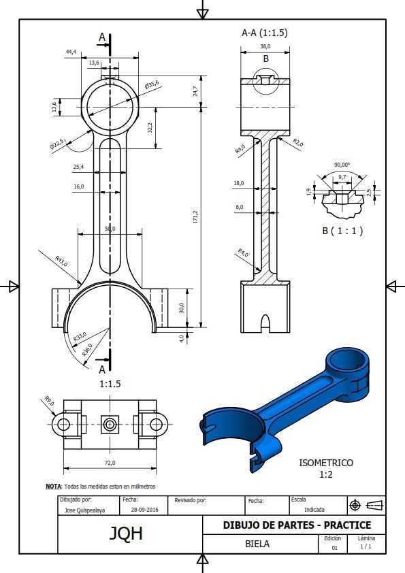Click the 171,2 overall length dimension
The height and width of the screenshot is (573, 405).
point(195,216)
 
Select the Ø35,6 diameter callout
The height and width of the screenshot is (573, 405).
point(152,85)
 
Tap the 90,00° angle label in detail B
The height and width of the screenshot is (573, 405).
point(342,165)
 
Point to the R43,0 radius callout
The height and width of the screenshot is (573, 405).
point(61,261)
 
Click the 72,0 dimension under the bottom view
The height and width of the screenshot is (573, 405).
point(110,463)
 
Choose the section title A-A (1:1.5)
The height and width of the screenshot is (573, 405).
point(265,33)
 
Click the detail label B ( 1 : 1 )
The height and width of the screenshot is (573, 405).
point(342,231)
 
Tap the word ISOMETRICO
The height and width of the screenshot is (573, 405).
point(326,463)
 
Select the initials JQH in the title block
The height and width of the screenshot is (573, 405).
point(126,534)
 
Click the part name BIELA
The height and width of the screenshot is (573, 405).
point(257,544)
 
